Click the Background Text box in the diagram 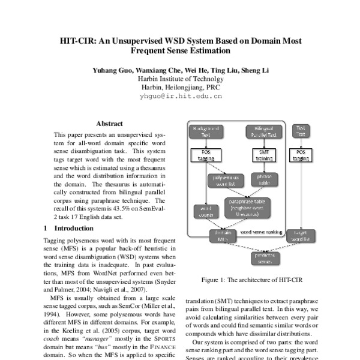click(x=205, y=131)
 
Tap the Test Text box click(x=301, y=131)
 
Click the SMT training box click(x=260, y=155)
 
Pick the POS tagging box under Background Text click(x=205, y=155)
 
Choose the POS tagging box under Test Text click(x=301, y=155)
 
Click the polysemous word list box click(x=223, y=181)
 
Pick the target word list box click(x=301, y=235)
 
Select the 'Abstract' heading click(x=109, y=123)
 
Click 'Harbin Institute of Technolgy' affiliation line click(x=181, y=79)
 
